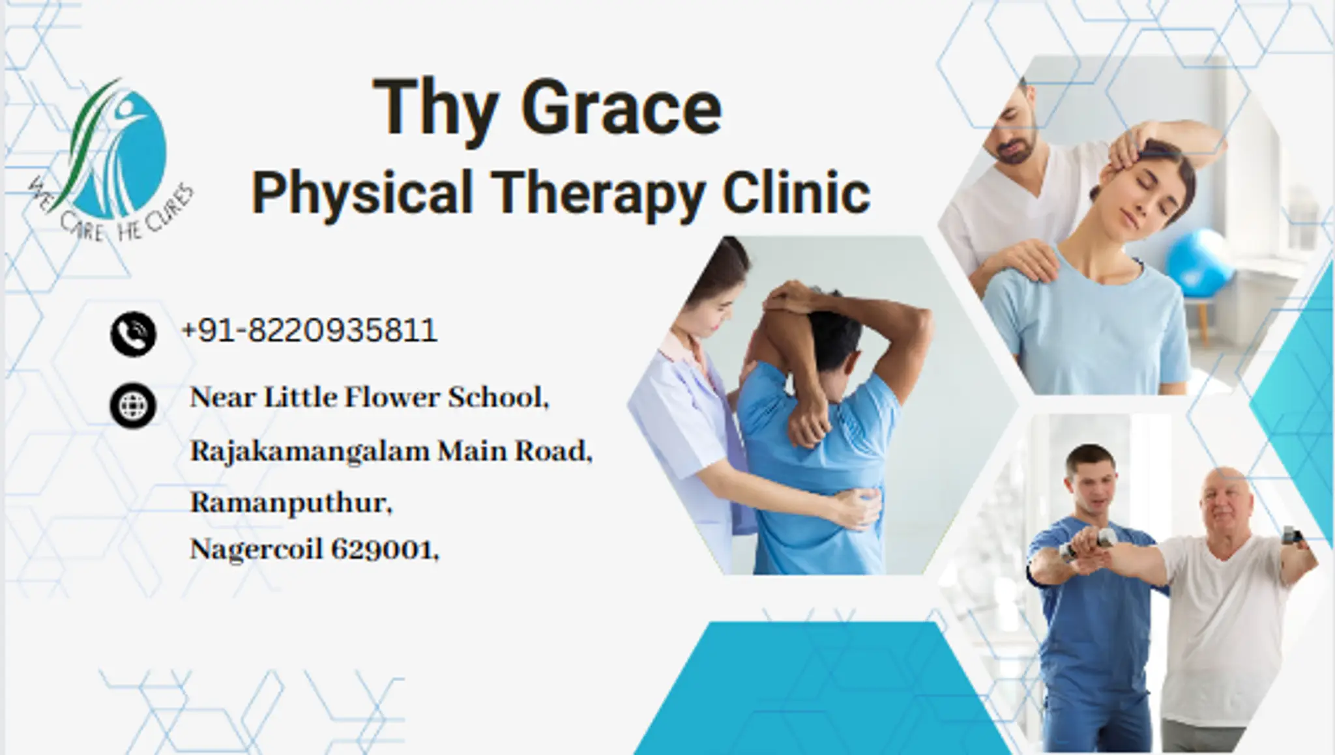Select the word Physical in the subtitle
(x=362, y=193)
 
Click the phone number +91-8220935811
(x=309, y=330)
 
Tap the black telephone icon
(x=133, y=334)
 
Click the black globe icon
(x=133, y=405)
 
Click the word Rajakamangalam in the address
(x=309, y=451)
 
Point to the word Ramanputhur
(x=291, y=503)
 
